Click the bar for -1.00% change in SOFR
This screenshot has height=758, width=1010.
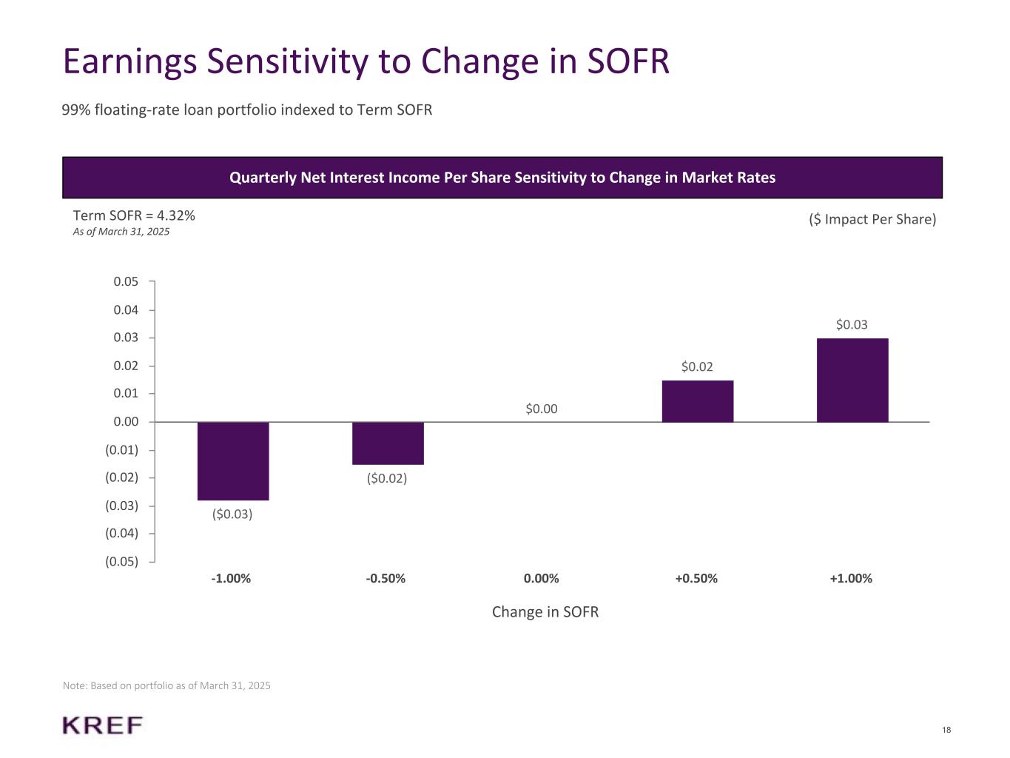pos(233,460)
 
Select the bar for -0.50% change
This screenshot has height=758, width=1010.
pos(388,443)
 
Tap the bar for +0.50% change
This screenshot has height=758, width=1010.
pos(697,401)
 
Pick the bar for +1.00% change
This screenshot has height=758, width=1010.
pos(852,380)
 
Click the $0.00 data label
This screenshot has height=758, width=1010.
pos(542,409)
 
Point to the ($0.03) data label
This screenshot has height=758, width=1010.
pos(232,514)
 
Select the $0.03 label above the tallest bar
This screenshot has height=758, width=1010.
pos(852,324)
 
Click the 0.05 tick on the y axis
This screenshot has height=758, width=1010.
pos(126,281)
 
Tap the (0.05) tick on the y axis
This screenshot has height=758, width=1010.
pos(121,561)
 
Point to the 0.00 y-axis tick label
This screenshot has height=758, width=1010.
pos(126,422)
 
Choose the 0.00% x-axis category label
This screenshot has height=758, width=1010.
pos(541,578)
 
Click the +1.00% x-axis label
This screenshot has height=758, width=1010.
pos(851,578)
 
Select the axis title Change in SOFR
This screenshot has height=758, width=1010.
pos(545,612)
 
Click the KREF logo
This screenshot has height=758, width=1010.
pos(103,725)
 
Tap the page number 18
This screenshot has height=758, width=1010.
pos(946,731)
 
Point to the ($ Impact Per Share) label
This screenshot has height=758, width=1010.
pos(872,219)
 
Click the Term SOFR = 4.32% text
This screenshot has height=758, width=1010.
pos(134,215)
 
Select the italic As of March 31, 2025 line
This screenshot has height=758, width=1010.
pos(121,232)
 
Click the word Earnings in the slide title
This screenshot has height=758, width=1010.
pos(129,61)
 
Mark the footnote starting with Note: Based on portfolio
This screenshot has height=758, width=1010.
pos(166,686)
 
